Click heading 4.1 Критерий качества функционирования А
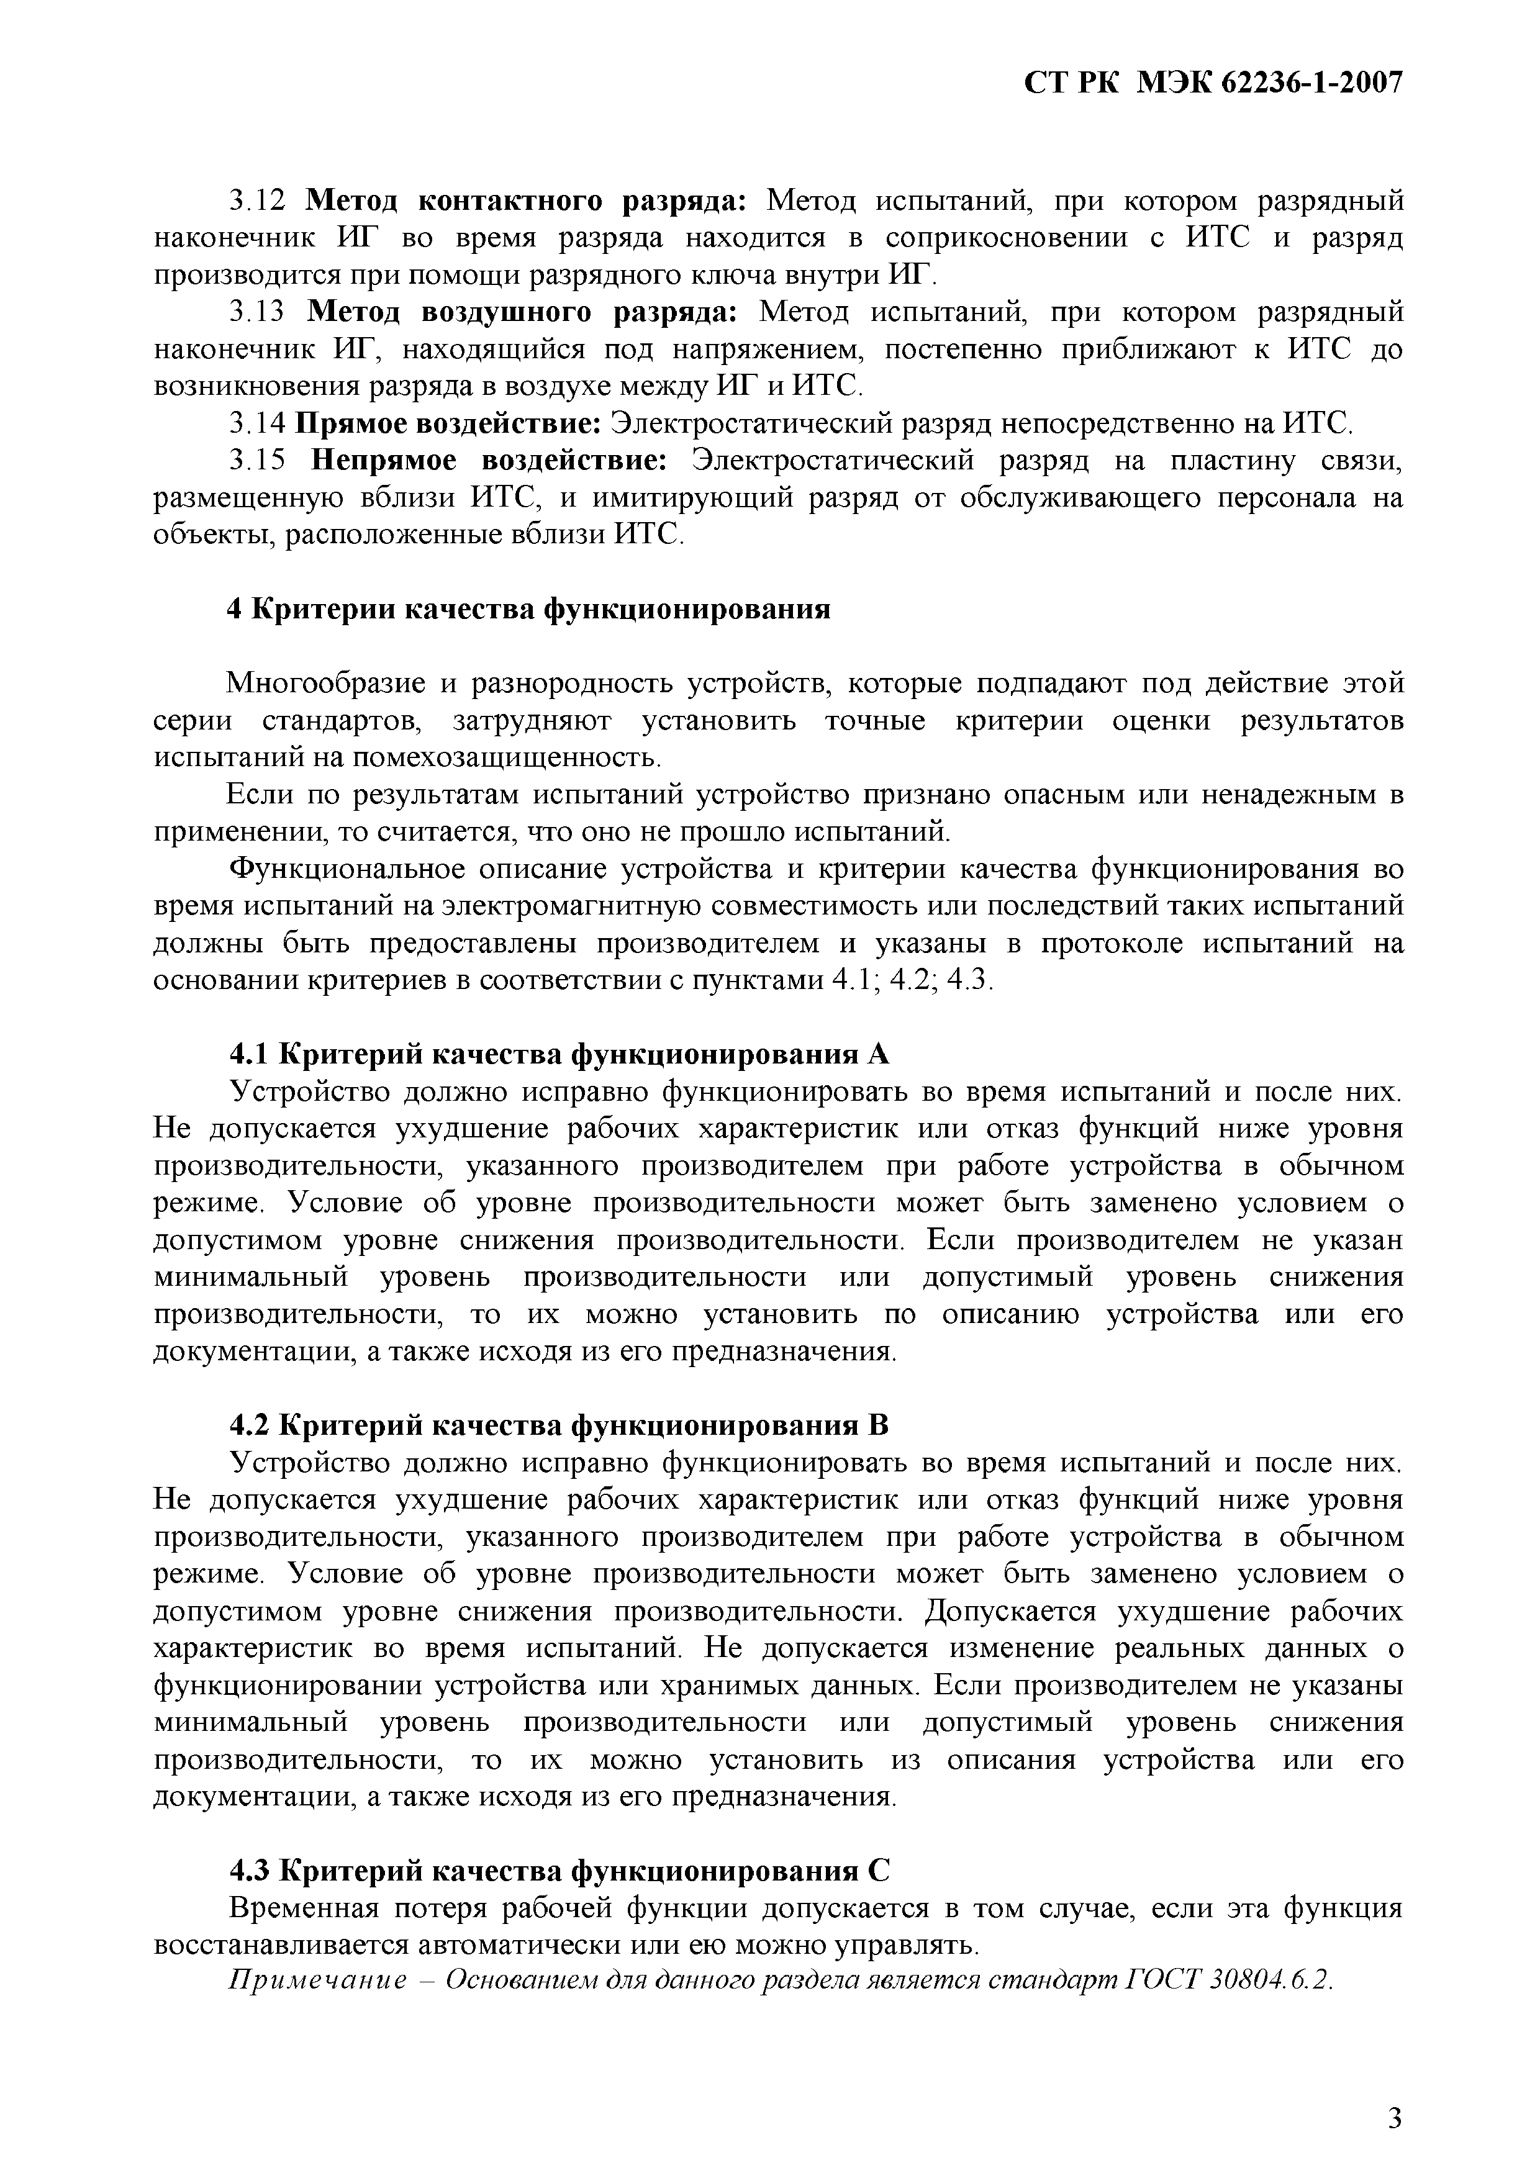561,1054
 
